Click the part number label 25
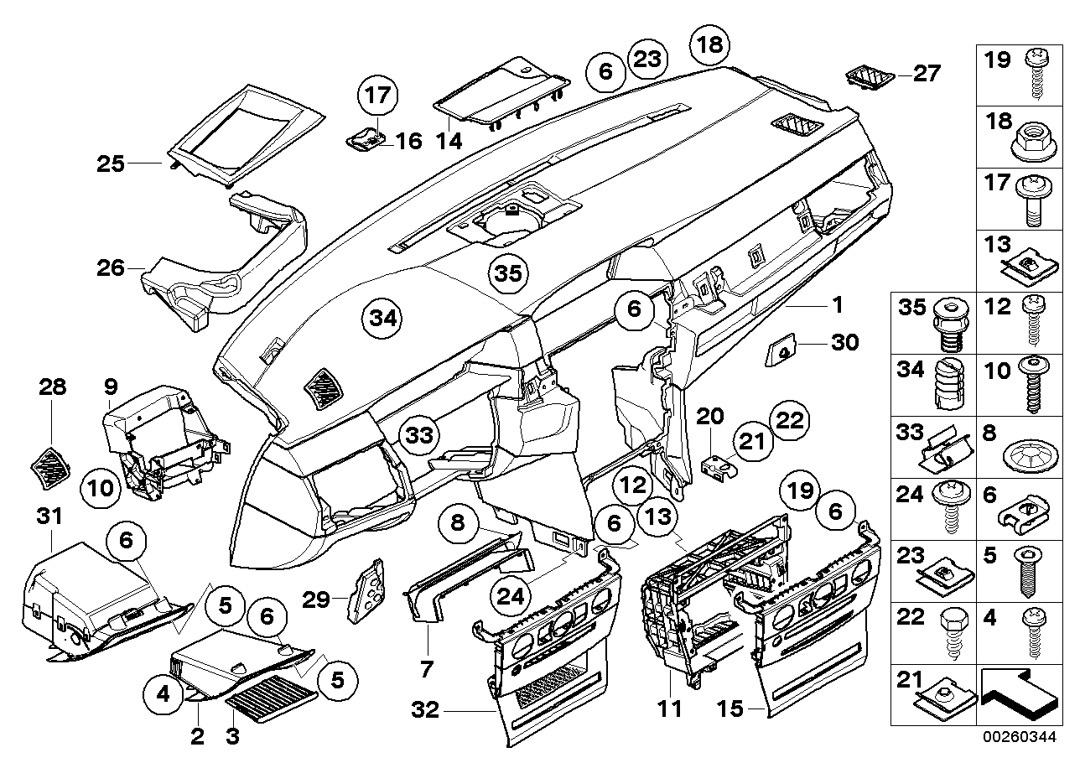pos(111,163)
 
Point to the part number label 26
pos(111,269)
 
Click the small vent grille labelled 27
pos(868,77)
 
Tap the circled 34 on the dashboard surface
pos(382,319)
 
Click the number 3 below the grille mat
pos(232,738)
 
